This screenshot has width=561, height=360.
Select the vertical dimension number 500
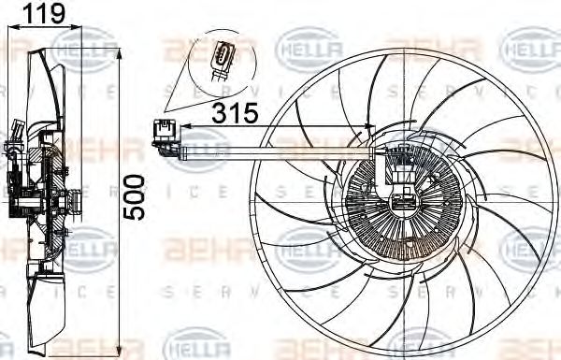[137, 195]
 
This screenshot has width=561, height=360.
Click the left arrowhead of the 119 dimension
[11, 28]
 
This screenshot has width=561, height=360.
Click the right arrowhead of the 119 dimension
[80, 28]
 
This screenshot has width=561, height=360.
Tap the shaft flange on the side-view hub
[67, 201]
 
